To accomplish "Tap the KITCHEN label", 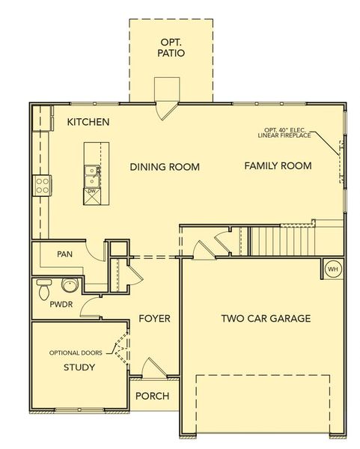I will tap(88, 121).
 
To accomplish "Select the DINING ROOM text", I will tap(164, 167).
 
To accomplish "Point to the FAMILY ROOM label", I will tap(278, 165).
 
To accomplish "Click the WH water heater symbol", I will tap(332, 268).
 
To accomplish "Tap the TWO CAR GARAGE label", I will tap(265, 319).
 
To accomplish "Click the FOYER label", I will tap(154, 319).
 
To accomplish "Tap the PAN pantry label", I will tap(64, 254).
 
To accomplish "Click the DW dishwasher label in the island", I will tap(91, 192).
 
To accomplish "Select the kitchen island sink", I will tap(92, 175).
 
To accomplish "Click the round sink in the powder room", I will tap(70, 286).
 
